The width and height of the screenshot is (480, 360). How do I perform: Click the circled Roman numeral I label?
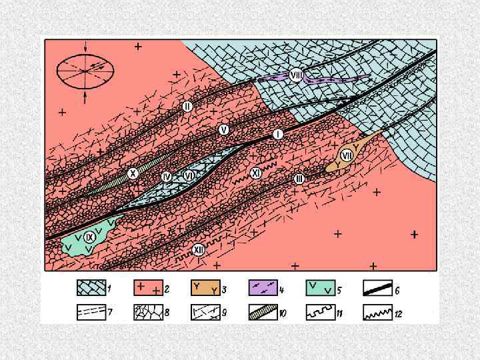point(278,134)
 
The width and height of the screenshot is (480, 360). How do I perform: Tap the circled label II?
point(187,107)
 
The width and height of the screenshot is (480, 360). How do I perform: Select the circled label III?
point(299,179)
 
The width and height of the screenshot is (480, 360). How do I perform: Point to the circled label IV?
point(167,177)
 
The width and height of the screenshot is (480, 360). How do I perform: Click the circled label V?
point(224,130)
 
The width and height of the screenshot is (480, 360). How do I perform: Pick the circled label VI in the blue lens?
point(189,175)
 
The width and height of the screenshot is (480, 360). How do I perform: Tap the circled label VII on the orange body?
point(347,156)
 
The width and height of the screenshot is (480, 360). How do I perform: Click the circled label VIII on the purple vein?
point(296,75)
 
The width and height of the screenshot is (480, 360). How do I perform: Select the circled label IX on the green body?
point(89,237)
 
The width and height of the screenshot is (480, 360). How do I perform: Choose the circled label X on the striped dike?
point(133,173)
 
